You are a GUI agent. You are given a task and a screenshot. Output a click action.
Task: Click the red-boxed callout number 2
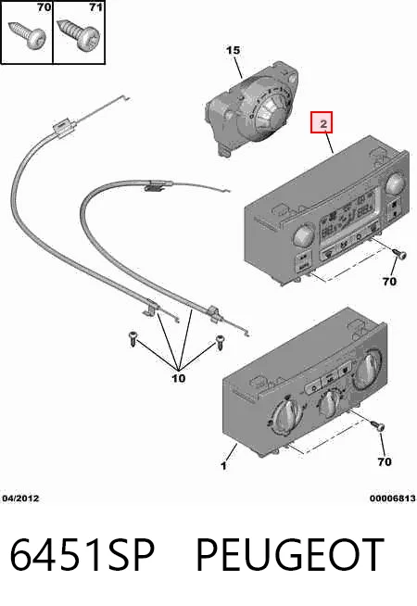point(322,123)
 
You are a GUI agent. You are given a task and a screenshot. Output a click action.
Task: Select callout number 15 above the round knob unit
point(233,50)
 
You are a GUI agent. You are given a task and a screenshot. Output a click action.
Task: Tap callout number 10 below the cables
point(178,377)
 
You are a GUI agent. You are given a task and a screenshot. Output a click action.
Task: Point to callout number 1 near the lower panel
point(223,465)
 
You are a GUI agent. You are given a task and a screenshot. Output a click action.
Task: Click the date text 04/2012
point(20,499)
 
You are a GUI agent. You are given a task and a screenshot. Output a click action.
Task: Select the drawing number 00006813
point(392,499)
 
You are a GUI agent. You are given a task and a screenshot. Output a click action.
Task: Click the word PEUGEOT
point(290,555)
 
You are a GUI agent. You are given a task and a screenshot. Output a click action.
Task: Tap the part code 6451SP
point(82,555)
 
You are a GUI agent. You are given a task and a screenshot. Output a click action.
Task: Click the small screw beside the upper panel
point(399,254)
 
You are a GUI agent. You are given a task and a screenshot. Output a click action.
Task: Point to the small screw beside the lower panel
point(378,426)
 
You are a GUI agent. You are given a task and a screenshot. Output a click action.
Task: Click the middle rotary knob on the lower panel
point(329,403)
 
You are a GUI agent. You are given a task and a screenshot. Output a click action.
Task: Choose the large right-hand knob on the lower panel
point(367,367)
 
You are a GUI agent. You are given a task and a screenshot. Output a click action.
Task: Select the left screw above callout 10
point(133,339)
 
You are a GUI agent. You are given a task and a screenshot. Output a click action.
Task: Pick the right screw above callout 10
point(220,343)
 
